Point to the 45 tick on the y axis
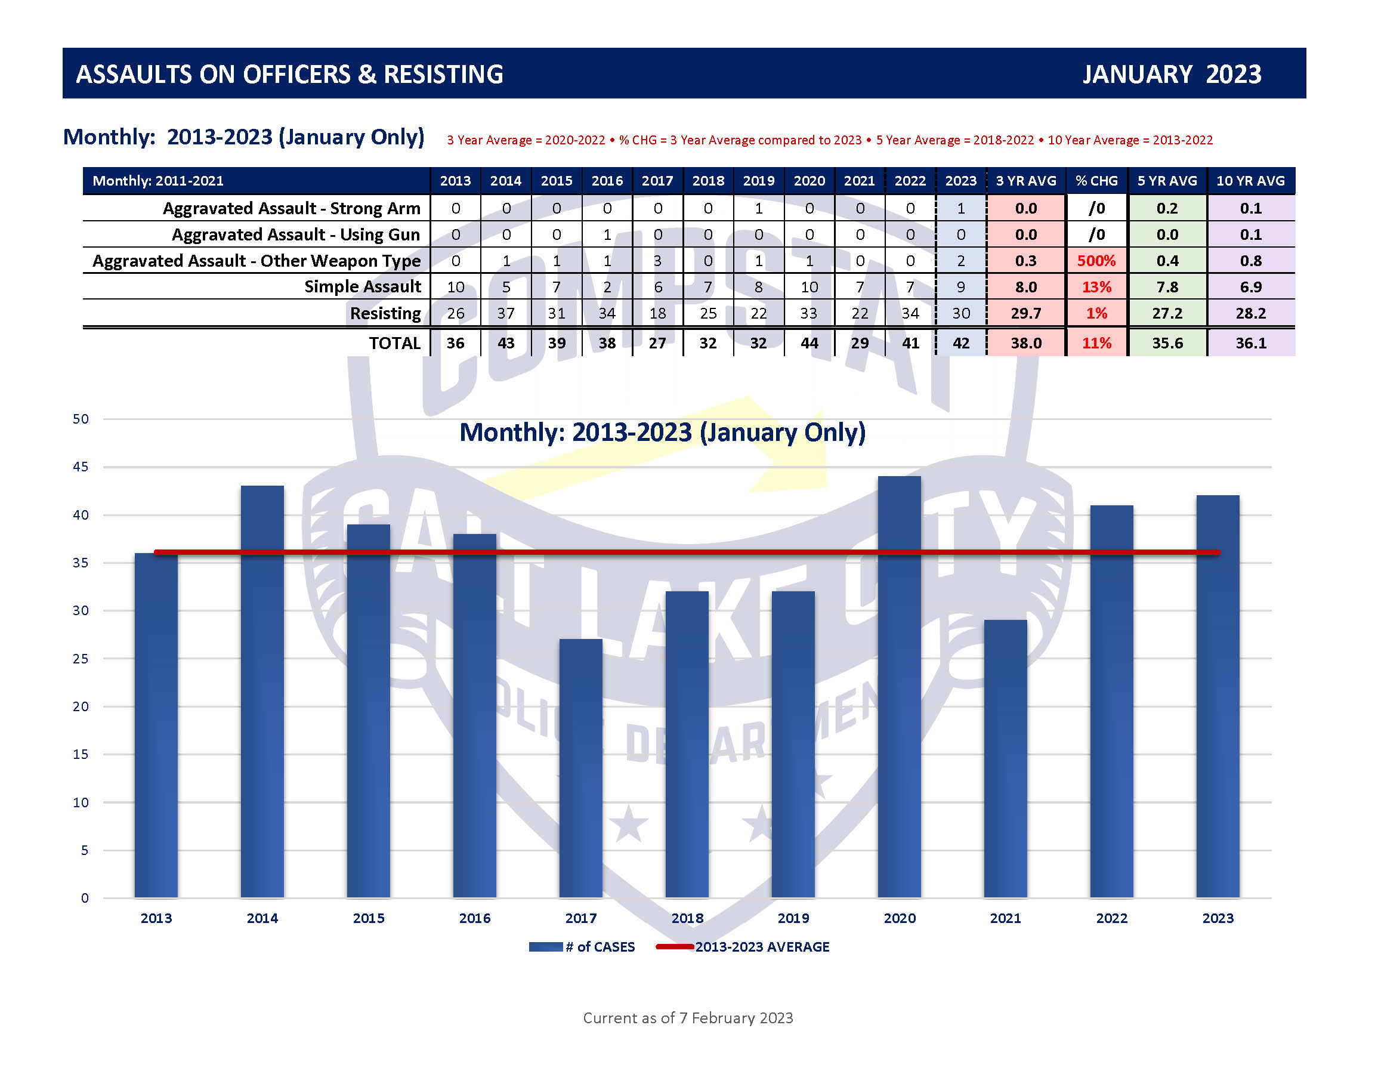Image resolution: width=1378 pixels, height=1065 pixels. click(81, 467)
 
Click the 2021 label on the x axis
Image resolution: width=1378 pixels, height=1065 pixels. click(1005, 918)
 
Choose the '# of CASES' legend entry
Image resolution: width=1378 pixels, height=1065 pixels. click(582, 946)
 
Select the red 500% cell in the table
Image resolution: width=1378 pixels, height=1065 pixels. click(1096, 261)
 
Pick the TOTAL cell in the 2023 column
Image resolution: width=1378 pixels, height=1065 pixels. click(960, 343)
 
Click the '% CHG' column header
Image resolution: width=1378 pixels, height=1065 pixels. click(1096, 181)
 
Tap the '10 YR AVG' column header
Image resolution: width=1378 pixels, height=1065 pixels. click(1250, 181)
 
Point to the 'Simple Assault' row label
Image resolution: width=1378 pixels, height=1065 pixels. click(362, 286)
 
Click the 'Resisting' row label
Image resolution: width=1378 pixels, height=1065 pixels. click(385, 313)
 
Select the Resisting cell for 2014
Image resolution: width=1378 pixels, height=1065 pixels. click(506, 313)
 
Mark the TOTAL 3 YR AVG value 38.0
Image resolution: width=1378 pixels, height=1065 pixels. click(1026, 343)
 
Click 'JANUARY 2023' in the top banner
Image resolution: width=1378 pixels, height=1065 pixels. click(1172, 74)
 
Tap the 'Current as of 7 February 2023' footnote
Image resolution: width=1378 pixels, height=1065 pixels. click(688, 1018)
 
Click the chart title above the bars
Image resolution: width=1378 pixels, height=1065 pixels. click(662, 433)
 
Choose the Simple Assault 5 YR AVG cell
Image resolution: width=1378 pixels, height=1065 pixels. click(1167, 286)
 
